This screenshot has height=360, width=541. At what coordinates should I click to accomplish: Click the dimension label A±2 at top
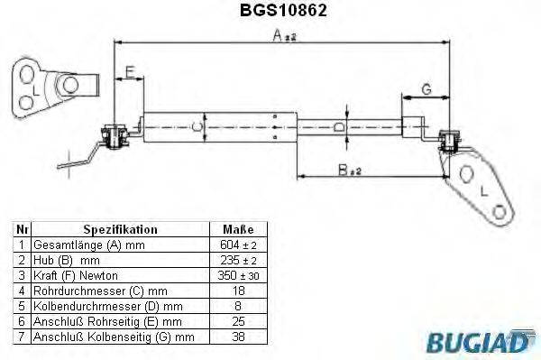pyautogui.click(x=284, y=36)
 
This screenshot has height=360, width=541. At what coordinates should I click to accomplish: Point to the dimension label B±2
pyautogui.click(x=347, y=169)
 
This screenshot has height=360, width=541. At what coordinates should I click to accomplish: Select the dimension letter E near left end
pyautogui.click(x=130, y=71)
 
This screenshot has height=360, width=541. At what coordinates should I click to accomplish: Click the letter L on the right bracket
pyautogui.click(x=483, y=190)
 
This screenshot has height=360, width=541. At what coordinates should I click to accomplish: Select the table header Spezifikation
pyautogui.click(x=120, y=229)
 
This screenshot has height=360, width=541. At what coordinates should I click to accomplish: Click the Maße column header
pyautogui.click(x=237, y=229)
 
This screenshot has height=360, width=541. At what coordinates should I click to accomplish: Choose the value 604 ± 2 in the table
pyautogui.click(x=237, y=245)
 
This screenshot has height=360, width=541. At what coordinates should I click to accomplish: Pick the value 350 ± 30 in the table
pyautogui.click(x=237, y=274)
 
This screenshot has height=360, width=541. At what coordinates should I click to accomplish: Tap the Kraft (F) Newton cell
pyautogui.click(x=76, y=274)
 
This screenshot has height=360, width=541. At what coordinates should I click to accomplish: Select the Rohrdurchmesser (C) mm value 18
pyautogui.click(x=237, y=290)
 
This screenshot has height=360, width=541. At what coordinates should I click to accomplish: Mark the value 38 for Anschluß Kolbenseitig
pyautogui.click(x=237, y=336)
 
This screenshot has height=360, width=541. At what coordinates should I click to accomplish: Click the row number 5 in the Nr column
pyautogui.click(x=22, y=305)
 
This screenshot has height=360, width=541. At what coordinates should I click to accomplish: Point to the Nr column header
pyautogui.click(x=22, y=229)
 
